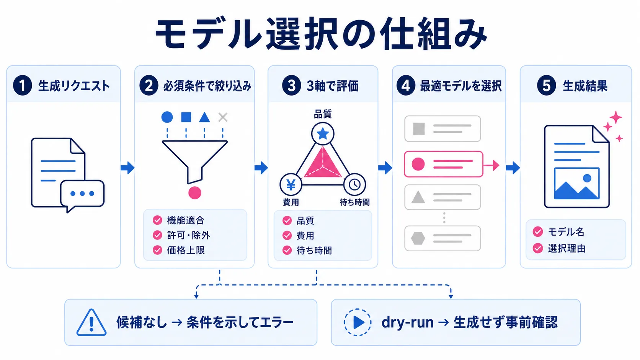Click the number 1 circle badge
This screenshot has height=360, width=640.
coord(22,85)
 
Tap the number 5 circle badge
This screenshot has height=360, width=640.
coord(546,85)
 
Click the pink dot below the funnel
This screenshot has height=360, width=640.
coord(195,192)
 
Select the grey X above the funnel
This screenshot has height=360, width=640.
coord(223,117)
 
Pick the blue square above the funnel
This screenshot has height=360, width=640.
coord(186,117)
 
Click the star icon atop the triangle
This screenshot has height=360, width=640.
coord(323,133)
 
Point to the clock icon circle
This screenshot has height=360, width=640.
coord(354,184)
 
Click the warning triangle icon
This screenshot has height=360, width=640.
coord(91,323)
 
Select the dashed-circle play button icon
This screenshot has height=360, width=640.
coord(358,322)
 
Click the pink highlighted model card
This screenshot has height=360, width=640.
coord(443,164)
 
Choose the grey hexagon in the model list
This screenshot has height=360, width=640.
coord(418,238)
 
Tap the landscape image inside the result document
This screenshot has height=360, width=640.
coord(576,184)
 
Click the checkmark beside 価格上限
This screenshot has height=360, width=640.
coord(157,250)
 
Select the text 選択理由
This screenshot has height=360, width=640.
coord(567,248)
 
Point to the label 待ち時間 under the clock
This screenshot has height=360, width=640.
coord(354,202)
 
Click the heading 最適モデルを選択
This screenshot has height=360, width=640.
coord(460,86)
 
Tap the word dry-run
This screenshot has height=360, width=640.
coord(407,323)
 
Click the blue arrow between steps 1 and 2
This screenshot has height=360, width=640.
coord(127,168)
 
